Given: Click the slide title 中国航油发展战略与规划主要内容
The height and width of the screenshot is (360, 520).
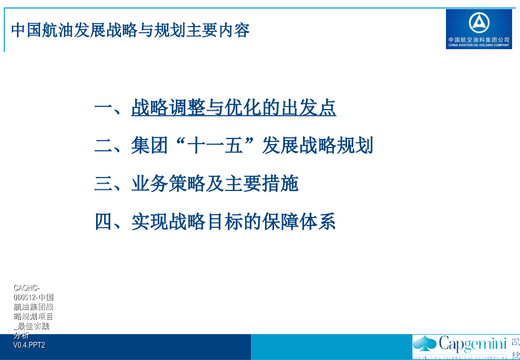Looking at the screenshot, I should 131,30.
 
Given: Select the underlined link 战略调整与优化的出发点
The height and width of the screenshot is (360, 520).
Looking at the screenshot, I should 233,107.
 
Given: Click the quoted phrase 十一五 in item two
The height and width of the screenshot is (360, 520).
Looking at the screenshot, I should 215,145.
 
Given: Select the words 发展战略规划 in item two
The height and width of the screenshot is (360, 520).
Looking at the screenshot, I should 317,145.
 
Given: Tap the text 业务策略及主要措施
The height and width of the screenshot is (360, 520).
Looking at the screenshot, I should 215,183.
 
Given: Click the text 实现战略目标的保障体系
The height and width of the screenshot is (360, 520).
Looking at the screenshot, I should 233,221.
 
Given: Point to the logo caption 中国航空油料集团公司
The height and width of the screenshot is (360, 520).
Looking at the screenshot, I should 479,40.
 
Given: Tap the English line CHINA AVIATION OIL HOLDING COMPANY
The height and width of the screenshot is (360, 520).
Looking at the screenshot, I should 479,45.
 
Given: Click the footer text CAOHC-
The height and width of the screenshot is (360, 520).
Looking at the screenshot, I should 27,288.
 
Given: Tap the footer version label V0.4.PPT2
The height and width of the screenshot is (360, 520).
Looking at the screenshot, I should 29,345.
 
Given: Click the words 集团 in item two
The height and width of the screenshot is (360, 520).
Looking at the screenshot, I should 150,145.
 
